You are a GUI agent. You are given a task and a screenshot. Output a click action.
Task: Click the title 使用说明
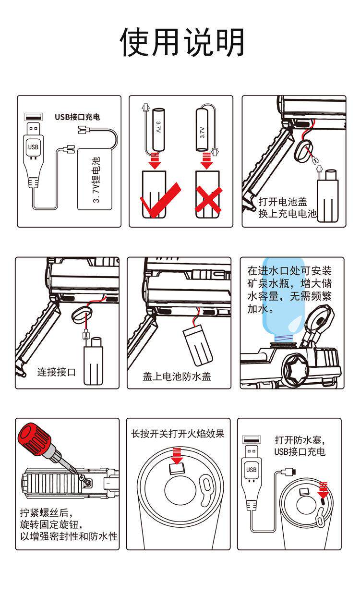point(182,42)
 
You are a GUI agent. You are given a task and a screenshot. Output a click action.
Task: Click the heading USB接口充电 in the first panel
point(77,117)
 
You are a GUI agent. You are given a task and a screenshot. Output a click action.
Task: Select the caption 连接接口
point(57,372)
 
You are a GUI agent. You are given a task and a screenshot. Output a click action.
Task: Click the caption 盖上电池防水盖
point(177,376)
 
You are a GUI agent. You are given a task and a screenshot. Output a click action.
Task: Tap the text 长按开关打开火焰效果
point(178,434)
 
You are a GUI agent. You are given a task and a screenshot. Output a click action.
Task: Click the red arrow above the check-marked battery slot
point(155,160)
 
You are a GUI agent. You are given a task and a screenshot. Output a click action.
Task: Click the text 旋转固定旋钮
point(54,523)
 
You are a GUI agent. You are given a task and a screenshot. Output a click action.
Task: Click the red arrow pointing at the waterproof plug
point(323,489)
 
